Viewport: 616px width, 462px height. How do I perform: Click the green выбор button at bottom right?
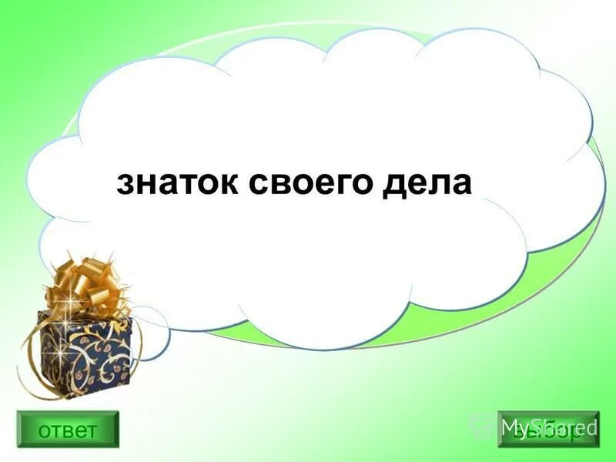point(548,429)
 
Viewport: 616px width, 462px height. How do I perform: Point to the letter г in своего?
point(344,186)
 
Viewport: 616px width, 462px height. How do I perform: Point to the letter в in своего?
point(283,186)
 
